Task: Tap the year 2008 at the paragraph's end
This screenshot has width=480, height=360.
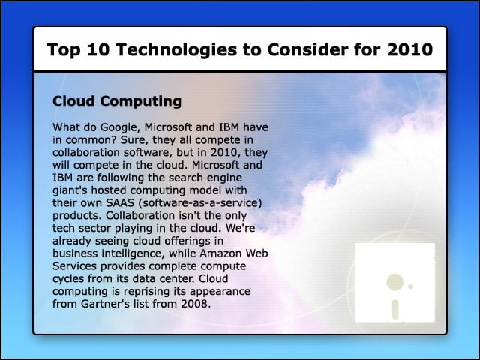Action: point(196,304)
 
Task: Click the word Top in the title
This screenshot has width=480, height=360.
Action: point(64,50)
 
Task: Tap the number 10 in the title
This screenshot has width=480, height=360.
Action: point(98,49)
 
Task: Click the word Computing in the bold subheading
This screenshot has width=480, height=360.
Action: point(140,101)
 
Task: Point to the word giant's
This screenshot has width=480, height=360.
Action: point(70,190)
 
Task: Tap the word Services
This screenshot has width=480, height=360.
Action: point(75,266)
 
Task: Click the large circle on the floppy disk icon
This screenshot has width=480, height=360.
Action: point(394,281)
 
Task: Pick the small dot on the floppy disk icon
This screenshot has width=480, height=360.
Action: point(410,286)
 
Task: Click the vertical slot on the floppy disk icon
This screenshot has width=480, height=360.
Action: point(395,310)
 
